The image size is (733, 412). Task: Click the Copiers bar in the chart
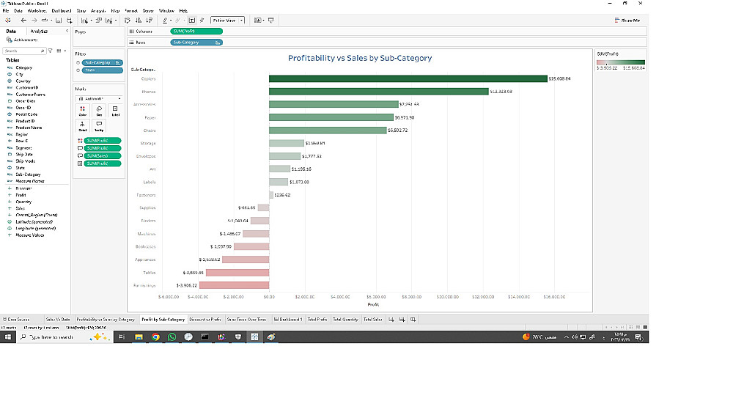[408, 78]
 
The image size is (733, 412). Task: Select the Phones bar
[378, 92]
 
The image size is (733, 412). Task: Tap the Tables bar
[234, 272]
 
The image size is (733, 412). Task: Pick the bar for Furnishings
[234, 285]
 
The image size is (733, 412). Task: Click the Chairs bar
[327, 130]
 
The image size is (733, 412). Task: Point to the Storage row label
[147, 143]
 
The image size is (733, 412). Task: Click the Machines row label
[147, 234]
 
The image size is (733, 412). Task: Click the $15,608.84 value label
[560, 78]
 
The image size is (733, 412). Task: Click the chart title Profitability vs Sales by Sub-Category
[359, 58]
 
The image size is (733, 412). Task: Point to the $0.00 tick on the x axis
[269, 297]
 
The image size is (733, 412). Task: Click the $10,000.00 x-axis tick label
[447, 297]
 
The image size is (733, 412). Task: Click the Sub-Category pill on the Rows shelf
[196, 43]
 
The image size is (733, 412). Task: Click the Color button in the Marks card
[82, 111]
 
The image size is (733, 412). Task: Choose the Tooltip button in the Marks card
[99, 126]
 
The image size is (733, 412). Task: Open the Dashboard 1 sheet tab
[288, 320]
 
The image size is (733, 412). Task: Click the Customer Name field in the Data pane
[30, 95]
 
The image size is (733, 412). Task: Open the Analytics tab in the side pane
[39, 32]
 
